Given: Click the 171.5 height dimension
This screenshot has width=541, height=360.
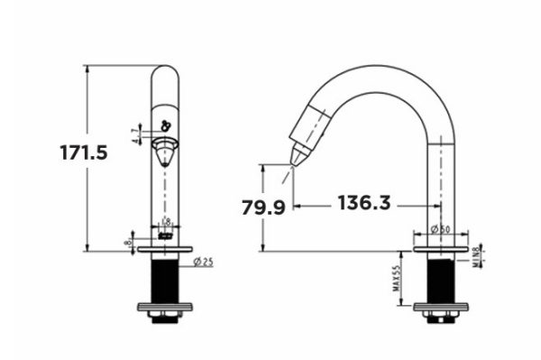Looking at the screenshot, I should (x=84, y=152).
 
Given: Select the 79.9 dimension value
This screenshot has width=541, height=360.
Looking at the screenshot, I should (x=263, y=208).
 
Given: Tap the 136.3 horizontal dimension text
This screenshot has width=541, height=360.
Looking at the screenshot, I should (x=364, y=203).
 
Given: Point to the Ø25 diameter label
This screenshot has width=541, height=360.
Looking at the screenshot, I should (x=203, y=263).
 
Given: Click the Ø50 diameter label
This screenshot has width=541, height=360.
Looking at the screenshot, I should (x=441, y=230).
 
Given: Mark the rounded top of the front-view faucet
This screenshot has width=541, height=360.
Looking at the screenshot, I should (x=164, y=72).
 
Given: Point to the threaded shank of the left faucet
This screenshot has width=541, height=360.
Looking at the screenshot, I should (x=164, y=280).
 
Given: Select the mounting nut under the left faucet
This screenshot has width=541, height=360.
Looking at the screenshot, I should (x=164, y=313).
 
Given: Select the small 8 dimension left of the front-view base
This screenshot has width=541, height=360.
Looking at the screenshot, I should (x=130, y=241).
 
